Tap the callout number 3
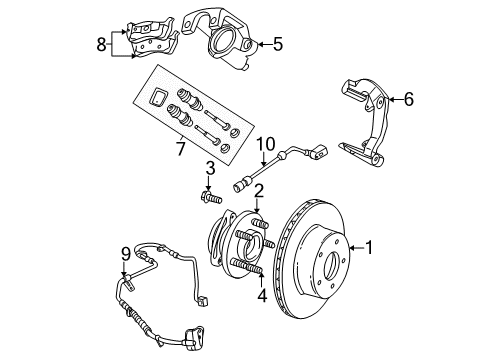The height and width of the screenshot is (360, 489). [x=211, y=166]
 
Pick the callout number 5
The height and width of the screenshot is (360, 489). [x=278, y=43]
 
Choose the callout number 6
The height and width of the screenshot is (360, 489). [x=408, y=99]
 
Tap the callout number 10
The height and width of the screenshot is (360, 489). [x=266, y=143]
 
